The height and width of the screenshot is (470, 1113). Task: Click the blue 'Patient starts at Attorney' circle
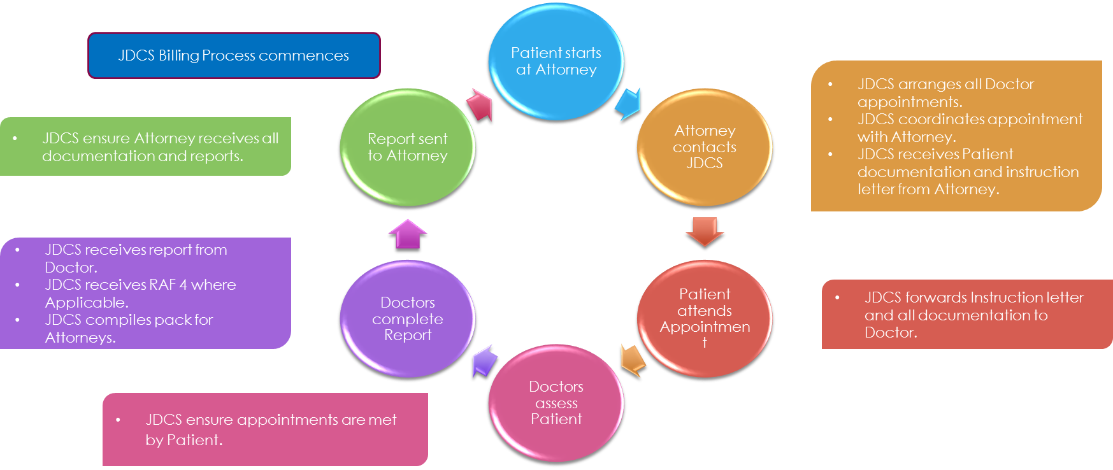[x=556, y=61]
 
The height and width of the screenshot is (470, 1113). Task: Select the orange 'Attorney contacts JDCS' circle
[x=705, y=147]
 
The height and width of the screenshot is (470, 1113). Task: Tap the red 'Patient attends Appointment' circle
[x=705, y=318]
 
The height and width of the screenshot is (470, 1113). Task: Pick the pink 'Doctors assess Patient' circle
[x=556, y=402]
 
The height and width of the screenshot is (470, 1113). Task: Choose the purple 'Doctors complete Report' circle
[x=408, y=318]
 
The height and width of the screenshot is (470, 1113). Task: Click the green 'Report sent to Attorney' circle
[x=408, y=147]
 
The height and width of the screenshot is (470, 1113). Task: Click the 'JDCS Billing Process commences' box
[x=234, y=55]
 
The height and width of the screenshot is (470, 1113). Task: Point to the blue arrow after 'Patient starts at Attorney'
[x=629, y=104]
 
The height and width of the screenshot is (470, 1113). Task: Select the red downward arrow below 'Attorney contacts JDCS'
[x=705, y=231]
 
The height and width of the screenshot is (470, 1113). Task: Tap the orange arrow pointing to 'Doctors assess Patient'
[x=633, y=360]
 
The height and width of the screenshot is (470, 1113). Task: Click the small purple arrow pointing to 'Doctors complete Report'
[x=485, y=361]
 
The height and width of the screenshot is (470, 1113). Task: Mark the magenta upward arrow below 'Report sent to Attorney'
[x=408, y=233]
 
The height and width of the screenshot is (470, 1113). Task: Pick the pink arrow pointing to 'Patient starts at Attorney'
[x=480, y=104]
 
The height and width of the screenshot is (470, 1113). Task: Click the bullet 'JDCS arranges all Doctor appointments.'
[x=945, y=93]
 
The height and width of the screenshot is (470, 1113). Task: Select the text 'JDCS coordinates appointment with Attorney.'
[x=969, y=128]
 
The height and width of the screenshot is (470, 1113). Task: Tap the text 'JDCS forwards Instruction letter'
[x=973, y=297]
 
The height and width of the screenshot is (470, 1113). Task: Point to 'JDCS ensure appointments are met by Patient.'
[x=270, y=429]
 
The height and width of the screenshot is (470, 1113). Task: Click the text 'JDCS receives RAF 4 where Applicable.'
[x=140, y=293]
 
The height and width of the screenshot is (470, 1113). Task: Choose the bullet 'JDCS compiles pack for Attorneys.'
[x=129, y=328]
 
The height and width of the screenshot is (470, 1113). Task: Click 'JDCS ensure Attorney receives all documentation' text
[x=160, y=146]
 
